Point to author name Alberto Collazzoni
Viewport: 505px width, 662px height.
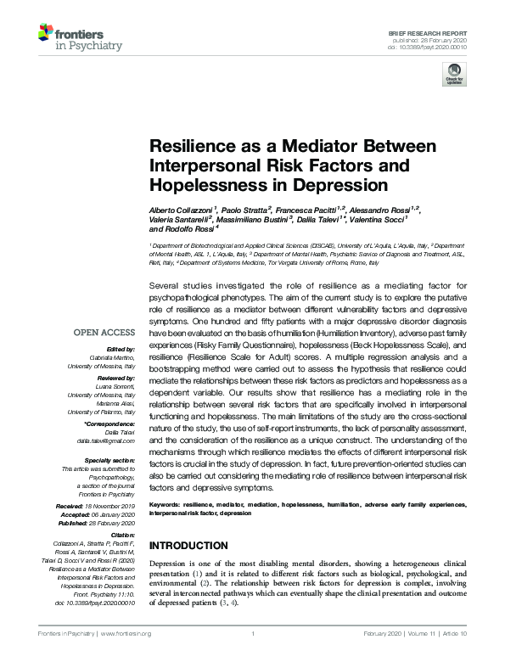click(x=182, y=209)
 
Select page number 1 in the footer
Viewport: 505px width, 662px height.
click(x=253, y=634)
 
